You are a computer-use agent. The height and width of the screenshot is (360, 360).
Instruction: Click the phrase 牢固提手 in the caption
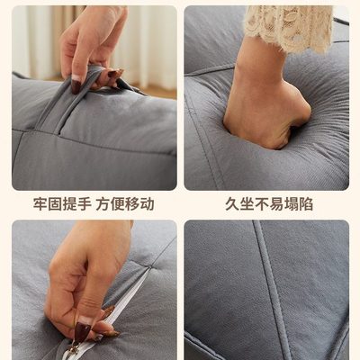[x=60, y=204]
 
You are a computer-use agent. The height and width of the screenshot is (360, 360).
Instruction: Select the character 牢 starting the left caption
[x=40, y=204]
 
